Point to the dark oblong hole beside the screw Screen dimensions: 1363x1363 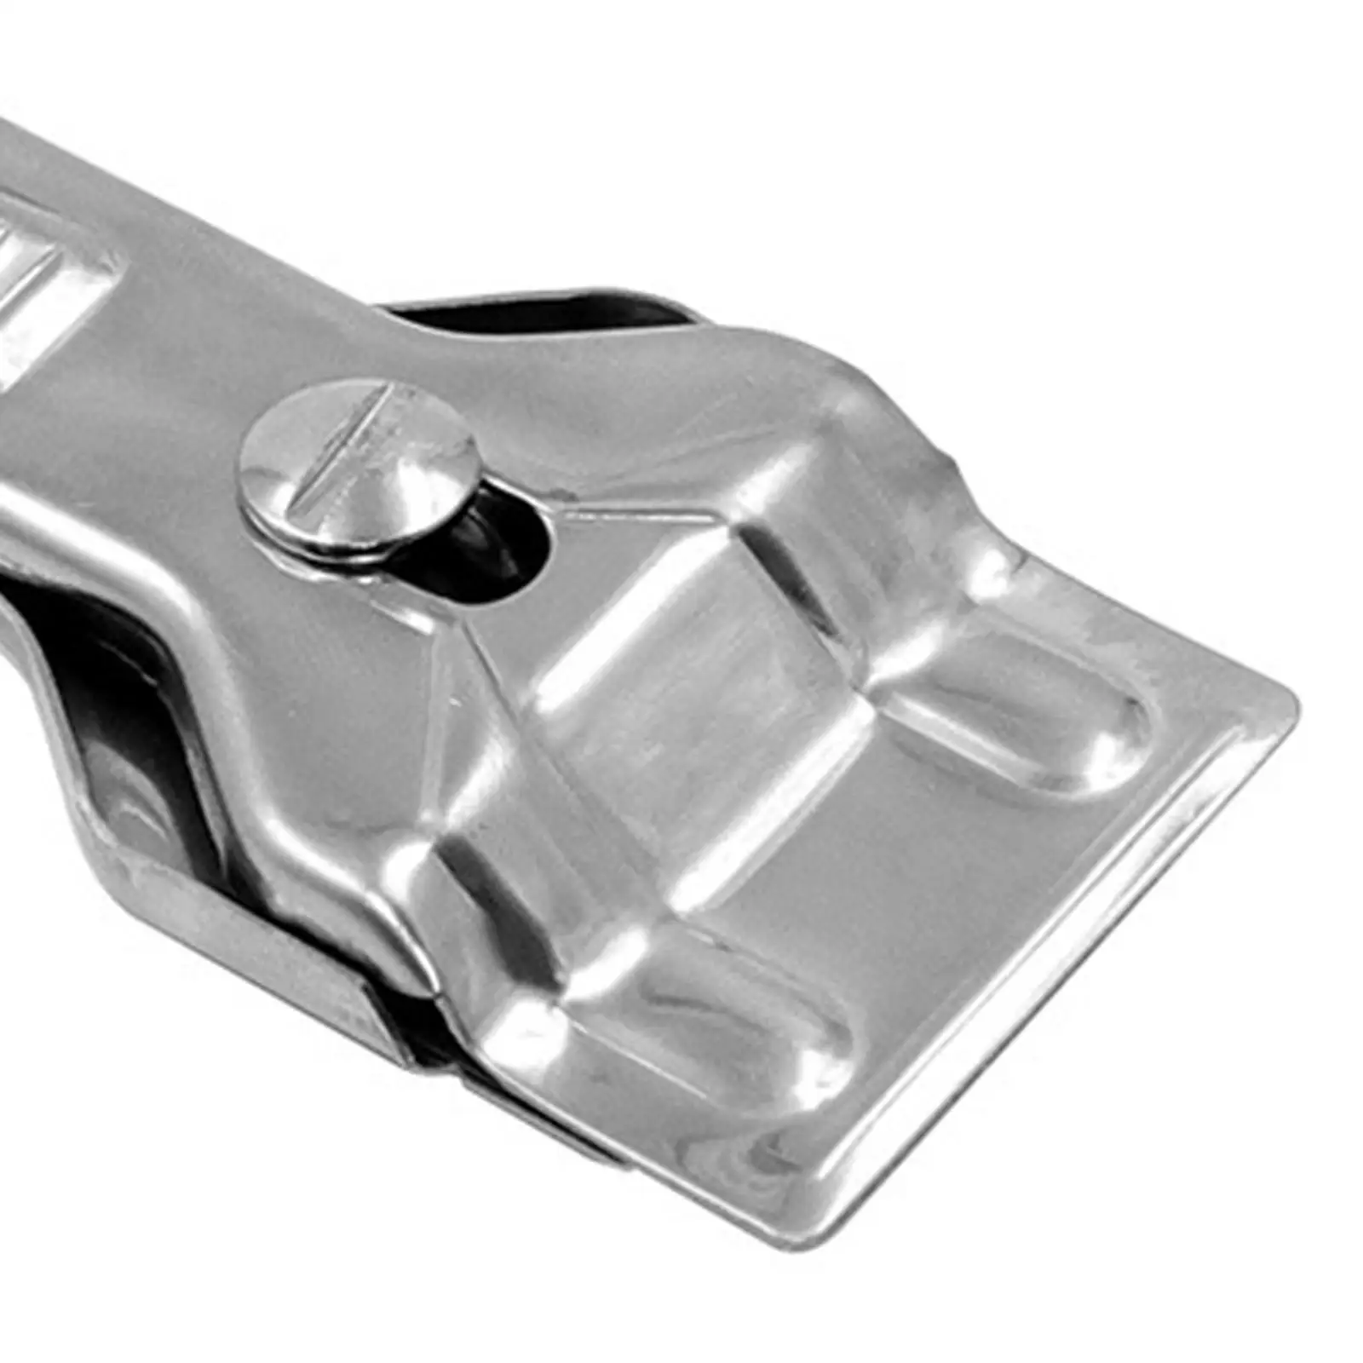pos(503,537)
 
